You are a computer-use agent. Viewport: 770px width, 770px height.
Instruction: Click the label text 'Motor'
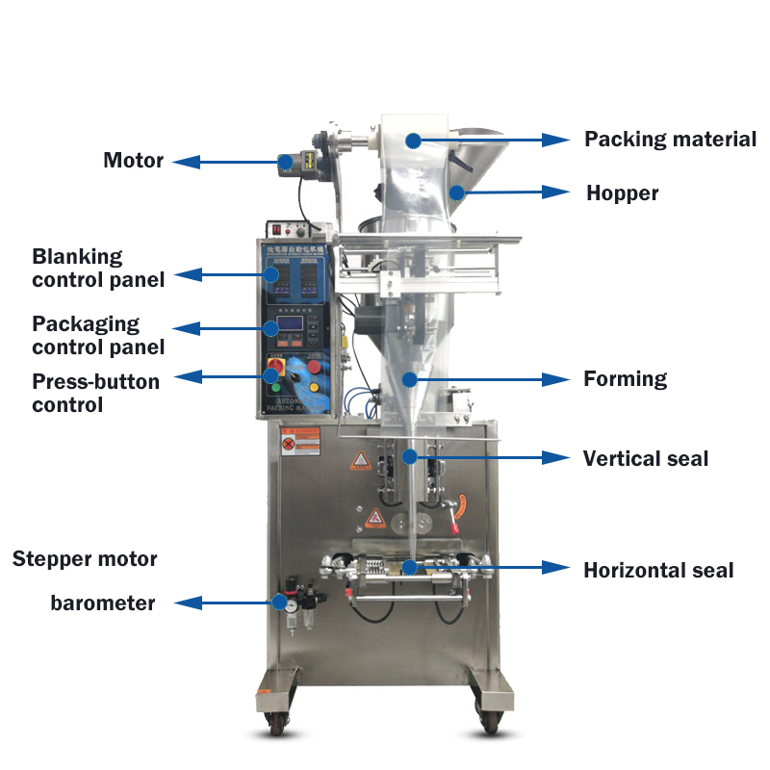[133, 160]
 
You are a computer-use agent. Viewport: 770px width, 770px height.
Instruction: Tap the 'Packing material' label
[670, 139]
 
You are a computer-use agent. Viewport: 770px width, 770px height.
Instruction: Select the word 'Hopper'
[623, 192]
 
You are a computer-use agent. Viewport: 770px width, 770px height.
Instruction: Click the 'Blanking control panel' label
[97, 268]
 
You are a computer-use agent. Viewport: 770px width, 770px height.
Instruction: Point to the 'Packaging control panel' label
[97, 335]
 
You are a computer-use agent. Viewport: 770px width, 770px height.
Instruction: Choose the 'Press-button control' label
[95, 393]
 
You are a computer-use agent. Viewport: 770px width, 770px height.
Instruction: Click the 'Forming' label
[625, 378]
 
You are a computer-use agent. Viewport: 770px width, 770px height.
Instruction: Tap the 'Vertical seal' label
[645, 458]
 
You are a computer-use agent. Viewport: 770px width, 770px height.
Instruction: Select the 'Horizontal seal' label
[658, 570]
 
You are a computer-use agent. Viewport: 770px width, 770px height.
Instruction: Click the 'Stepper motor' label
[85, 558]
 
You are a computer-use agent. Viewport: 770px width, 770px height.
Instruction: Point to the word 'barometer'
[103, 603]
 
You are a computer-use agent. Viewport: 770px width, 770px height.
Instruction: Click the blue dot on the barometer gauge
[280, 603]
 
